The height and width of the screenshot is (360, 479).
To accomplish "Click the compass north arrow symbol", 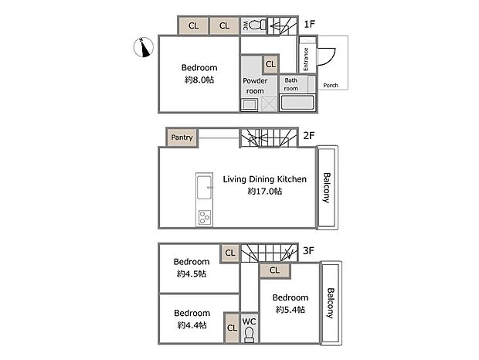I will click(141, 48).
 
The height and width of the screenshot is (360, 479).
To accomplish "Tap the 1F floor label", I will click(309, 25).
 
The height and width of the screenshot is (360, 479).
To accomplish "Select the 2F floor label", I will click(309, 135).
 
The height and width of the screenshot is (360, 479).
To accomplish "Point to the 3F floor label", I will click(309, 250).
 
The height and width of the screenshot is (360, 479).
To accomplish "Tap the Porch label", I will click(331, 85).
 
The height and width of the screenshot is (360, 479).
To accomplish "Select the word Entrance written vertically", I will click(306, 60).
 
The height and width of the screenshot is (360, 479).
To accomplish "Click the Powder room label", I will click(255, 86).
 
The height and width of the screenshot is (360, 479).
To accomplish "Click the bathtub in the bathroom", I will click(298, 104).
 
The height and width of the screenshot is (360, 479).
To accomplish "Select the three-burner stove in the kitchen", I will click(205, 216).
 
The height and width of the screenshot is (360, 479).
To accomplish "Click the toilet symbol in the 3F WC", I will click(250, 334).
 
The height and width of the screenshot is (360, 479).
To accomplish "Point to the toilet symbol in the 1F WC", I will click(256, 25).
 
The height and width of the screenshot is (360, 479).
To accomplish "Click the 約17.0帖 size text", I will click(264, 191).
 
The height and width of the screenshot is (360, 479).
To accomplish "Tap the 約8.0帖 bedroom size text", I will click(199, 80).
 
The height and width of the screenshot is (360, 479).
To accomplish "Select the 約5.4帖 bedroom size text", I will click(290, 310).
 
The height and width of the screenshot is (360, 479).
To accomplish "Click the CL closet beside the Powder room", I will click(270, 65).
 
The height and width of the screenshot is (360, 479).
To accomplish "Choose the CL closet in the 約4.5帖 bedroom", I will click(230, 252).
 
